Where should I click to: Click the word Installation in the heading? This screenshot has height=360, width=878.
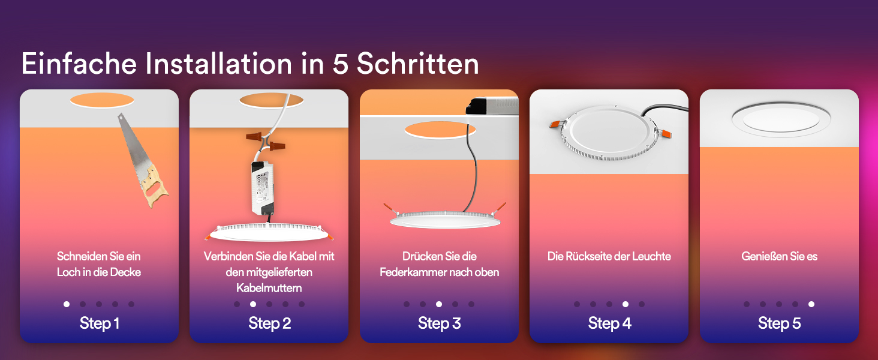click(x=219, y=64)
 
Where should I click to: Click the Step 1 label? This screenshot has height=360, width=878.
click(x=100, y=323)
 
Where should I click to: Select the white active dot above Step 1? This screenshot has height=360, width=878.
click(x=67, y=304)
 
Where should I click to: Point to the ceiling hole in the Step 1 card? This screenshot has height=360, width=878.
click(x=102, y=100)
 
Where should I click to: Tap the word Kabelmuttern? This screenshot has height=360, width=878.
click(x=269, y=288)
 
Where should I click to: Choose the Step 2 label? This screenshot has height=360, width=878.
click(x=270, y=323)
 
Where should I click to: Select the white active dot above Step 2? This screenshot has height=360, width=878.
click(x=253, y=304)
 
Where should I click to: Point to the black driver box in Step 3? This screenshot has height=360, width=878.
click(x=492, y=106)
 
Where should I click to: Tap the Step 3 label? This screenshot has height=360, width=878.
click(x=440, y=323)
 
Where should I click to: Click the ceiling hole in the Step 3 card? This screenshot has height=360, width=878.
click(x=440, y=130)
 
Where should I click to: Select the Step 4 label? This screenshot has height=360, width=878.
click(x=609, y=323)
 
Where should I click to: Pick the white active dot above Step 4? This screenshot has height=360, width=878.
click(x=626, y=304)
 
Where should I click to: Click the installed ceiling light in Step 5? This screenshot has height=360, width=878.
click(x=781, y=119)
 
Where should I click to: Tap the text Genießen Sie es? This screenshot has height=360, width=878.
click(x=779, y=256)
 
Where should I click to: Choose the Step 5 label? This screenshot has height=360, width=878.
click(x=779, y=323)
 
